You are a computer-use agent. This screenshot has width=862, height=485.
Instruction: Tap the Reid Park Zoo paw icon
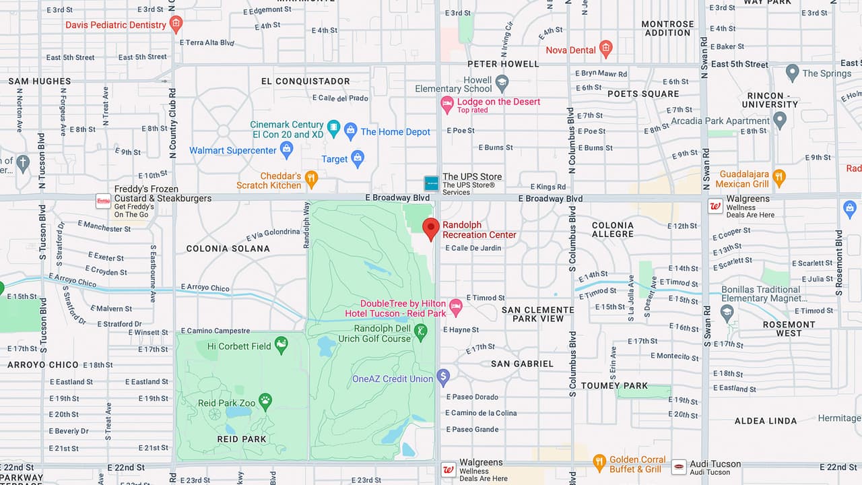(265, 401)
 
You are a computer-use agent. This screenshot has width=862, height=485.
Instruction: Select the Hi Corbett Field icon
(281, 346)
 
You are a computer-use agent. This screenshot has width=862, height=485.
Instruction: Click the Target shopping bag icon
(358, 158)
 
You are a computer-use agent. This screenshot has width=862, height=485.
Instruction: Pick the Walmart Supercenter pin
(287, 150)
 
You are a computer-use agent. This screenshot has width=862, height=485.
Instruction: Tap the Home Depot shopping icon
(350, 131)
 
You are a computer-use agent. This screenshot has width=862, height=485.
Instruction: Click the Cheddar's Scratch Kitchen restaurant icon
(311, 179)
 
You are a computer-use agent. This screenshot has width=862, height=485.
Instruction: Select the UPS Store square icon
(431, 183)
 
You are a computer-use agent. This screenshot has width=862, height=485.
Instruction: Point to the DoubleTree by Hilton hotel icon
(456, 307)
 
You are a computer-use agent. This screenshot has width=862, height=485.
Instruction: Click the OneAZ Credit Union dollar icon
(442, 377)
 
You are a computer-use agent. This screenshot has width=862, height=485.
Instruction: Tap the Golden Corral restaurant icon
(599, 463)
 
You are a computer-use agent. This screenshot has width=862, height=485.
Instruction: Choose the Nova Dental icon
(606, 48)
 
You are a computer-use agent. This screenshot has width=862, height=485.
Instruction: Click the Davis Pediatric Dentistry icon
(176, 25)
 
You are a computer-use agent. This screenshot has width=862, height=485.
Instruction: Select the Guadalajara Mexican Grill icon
(779, 178)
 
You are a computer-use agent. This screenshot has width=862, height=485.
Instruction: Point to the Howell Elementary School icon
(502, 84)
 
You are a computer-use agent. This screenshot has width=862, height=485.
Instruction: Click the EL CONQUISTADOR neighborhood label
(305, 81)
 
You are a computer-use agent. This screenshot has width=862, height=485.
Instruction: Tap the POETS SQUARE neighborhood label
(643, 94)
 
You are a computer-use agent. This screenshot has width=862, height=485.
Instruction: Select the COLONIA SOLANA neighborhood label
(228, 249)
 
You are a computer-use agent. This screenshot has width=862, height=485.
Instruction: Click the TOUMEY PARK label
(614, 385)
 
